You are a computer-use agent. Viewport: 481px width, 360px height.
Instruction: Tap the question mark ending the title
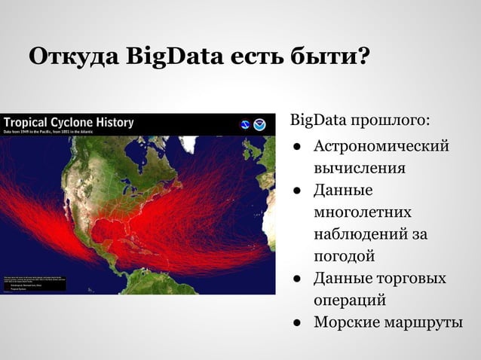[361, 56]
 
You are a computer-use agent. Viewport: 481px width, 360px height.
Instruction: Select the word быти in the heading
[325, 56]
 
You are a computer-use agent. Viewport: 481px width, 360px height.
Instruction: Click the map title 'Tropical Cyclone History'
[69, 121]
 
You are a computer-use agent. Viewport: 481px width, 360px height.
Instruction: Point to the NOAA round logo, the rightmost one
[259, 124]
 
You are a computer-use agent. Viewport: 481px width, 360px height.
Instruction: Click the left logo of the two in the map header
[245, 124]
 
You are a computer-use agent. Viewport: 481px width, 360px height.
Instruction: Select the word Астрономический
[381, 145]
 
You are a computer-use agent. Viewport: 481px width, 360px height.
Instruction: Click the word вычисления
[360, 167]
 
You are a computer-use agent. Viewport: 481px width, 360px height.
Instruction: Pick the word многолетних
[363, 212]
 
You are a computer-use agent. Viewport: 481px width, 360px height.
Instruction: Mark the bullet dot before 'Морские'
[299, 324]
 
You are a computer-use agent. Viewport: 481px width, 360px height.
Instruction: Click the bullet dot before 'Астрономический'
[299, 145]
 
